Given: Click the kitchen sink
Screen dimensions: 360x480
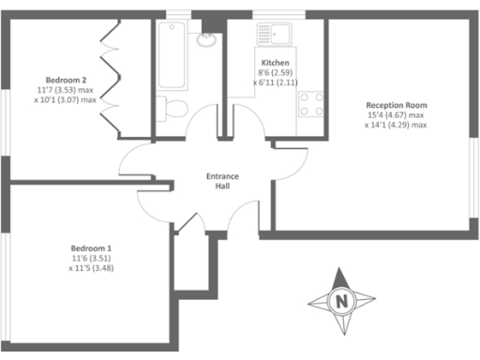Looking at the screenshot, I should tap(278, 38).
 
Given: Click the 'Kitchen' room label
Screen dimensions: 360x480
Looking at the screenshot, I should tap(276, 62).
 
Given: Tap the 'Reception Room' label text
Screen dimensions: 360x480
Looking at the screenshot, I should tap(397, 105).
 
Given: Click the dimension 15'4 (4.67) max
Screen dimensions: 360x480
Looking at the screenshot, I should tap(397, 115).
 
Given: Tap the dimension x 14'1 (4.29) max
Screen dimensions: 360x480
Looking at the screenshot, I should tap(397, 125).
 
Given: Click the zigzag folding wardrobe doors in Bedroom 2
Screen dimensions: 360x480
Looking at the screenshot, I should tap(110, 75).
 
